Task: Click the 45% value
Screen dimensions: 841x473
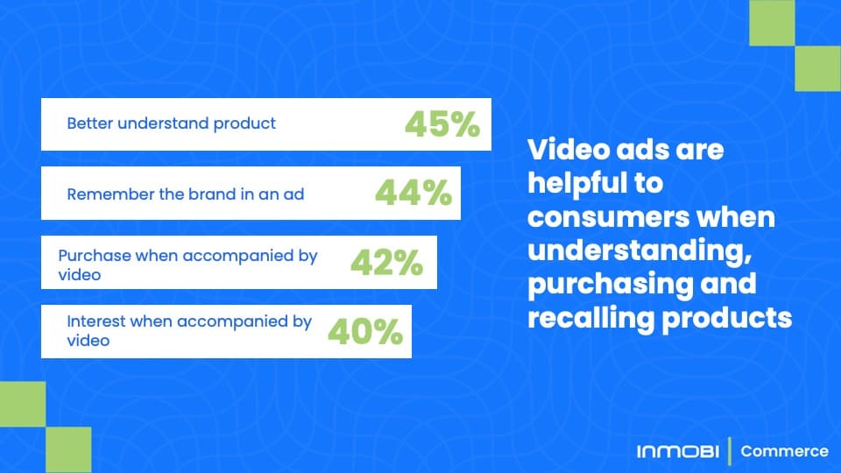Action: coord(442,124)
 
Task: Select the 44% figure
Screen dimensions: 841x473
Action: coord(413,193)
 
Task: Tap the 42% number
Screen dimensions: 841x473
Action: coord(386,262)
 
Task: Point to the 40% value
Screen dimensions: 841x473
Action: coord(365,331)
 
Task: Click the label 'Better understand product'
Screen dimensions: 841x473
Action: coord(171,124)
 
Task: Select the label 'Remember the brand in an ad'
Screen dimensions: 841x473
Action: coord(186,194)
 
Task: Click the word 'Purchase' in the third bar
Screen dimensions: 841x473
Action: coord(95,255)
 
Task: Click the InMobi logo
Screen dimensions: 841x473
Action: coord(678,452)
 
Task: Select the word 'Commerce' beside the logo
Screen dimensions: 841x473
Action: coord(784,451)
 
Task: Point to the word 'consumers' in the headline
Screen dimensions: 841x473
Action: coord(608,218)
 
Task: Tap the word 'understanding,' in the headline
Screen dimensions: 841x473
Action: coord(640,251)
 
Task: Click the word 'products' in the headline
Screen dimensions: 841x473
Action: coord(727,319)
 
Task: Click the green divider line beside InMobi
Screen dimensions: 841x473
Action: coord(730,451)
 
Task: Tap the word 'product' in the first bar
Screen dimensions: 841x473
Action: coord(244,124)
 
